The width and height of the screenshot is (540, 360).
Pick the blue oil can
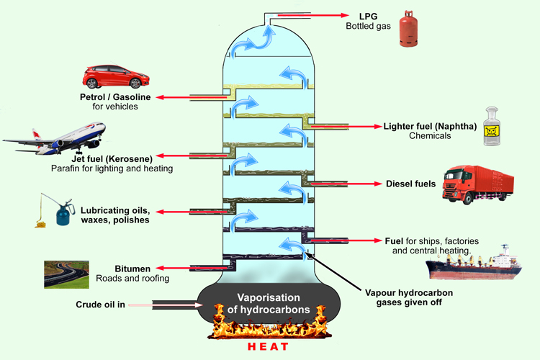point(50,210)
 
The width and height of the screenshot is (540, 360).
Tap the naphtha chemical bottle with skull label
point(492,127)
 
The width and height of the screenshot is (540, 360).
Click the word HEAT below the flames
point(269,347)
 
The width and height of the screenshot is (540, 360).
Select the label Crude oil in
point(101,305)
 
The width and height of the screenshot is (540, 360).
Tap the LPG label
point(367,16)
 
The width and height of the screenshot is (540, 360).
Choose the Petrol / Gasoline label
point(116,97)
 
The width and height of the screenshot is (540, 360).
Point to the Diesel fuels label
point(411,184)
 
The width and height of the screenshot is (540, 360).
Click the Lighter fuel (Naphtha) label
point(430,126)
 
